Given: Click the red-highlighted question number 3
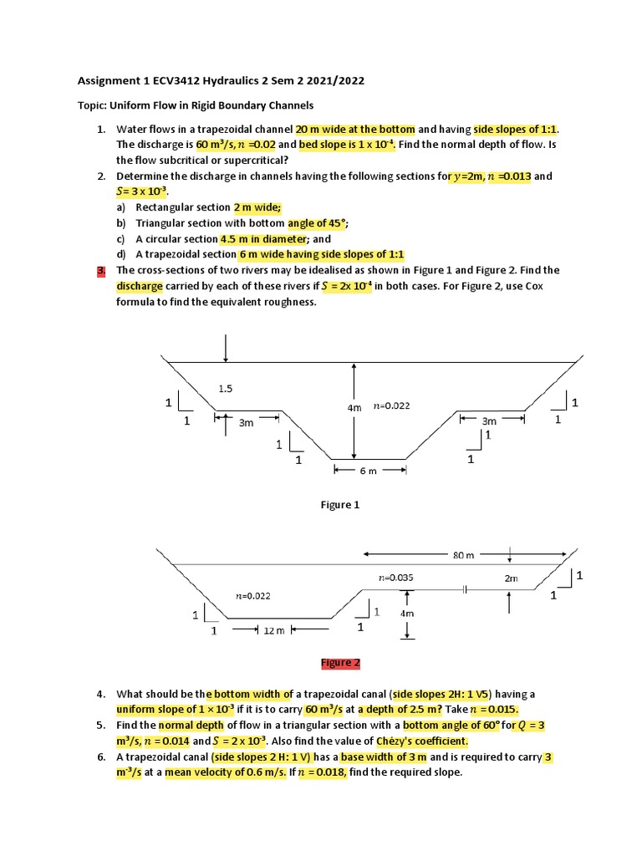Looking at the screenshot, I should [x=100, y=270].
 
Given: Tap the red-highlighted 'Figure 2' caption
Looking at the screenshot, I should [x=340, y=663].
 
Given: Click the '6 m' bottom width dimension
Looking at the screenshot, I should [x=369, y=471].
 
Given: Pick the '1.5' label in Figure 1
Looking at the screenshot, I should [x=226, y=388].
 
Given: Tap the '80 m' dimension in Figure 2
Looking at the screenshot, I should [x=464, y=555].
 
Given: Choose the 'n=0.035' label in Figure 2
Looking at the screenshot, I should [x=395, y=577].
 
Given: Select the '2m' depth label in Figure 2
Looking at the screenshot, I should [x=511, y=578].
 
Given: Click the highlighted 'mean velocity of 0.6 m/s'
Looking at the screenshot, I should [x=221, y=772].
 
